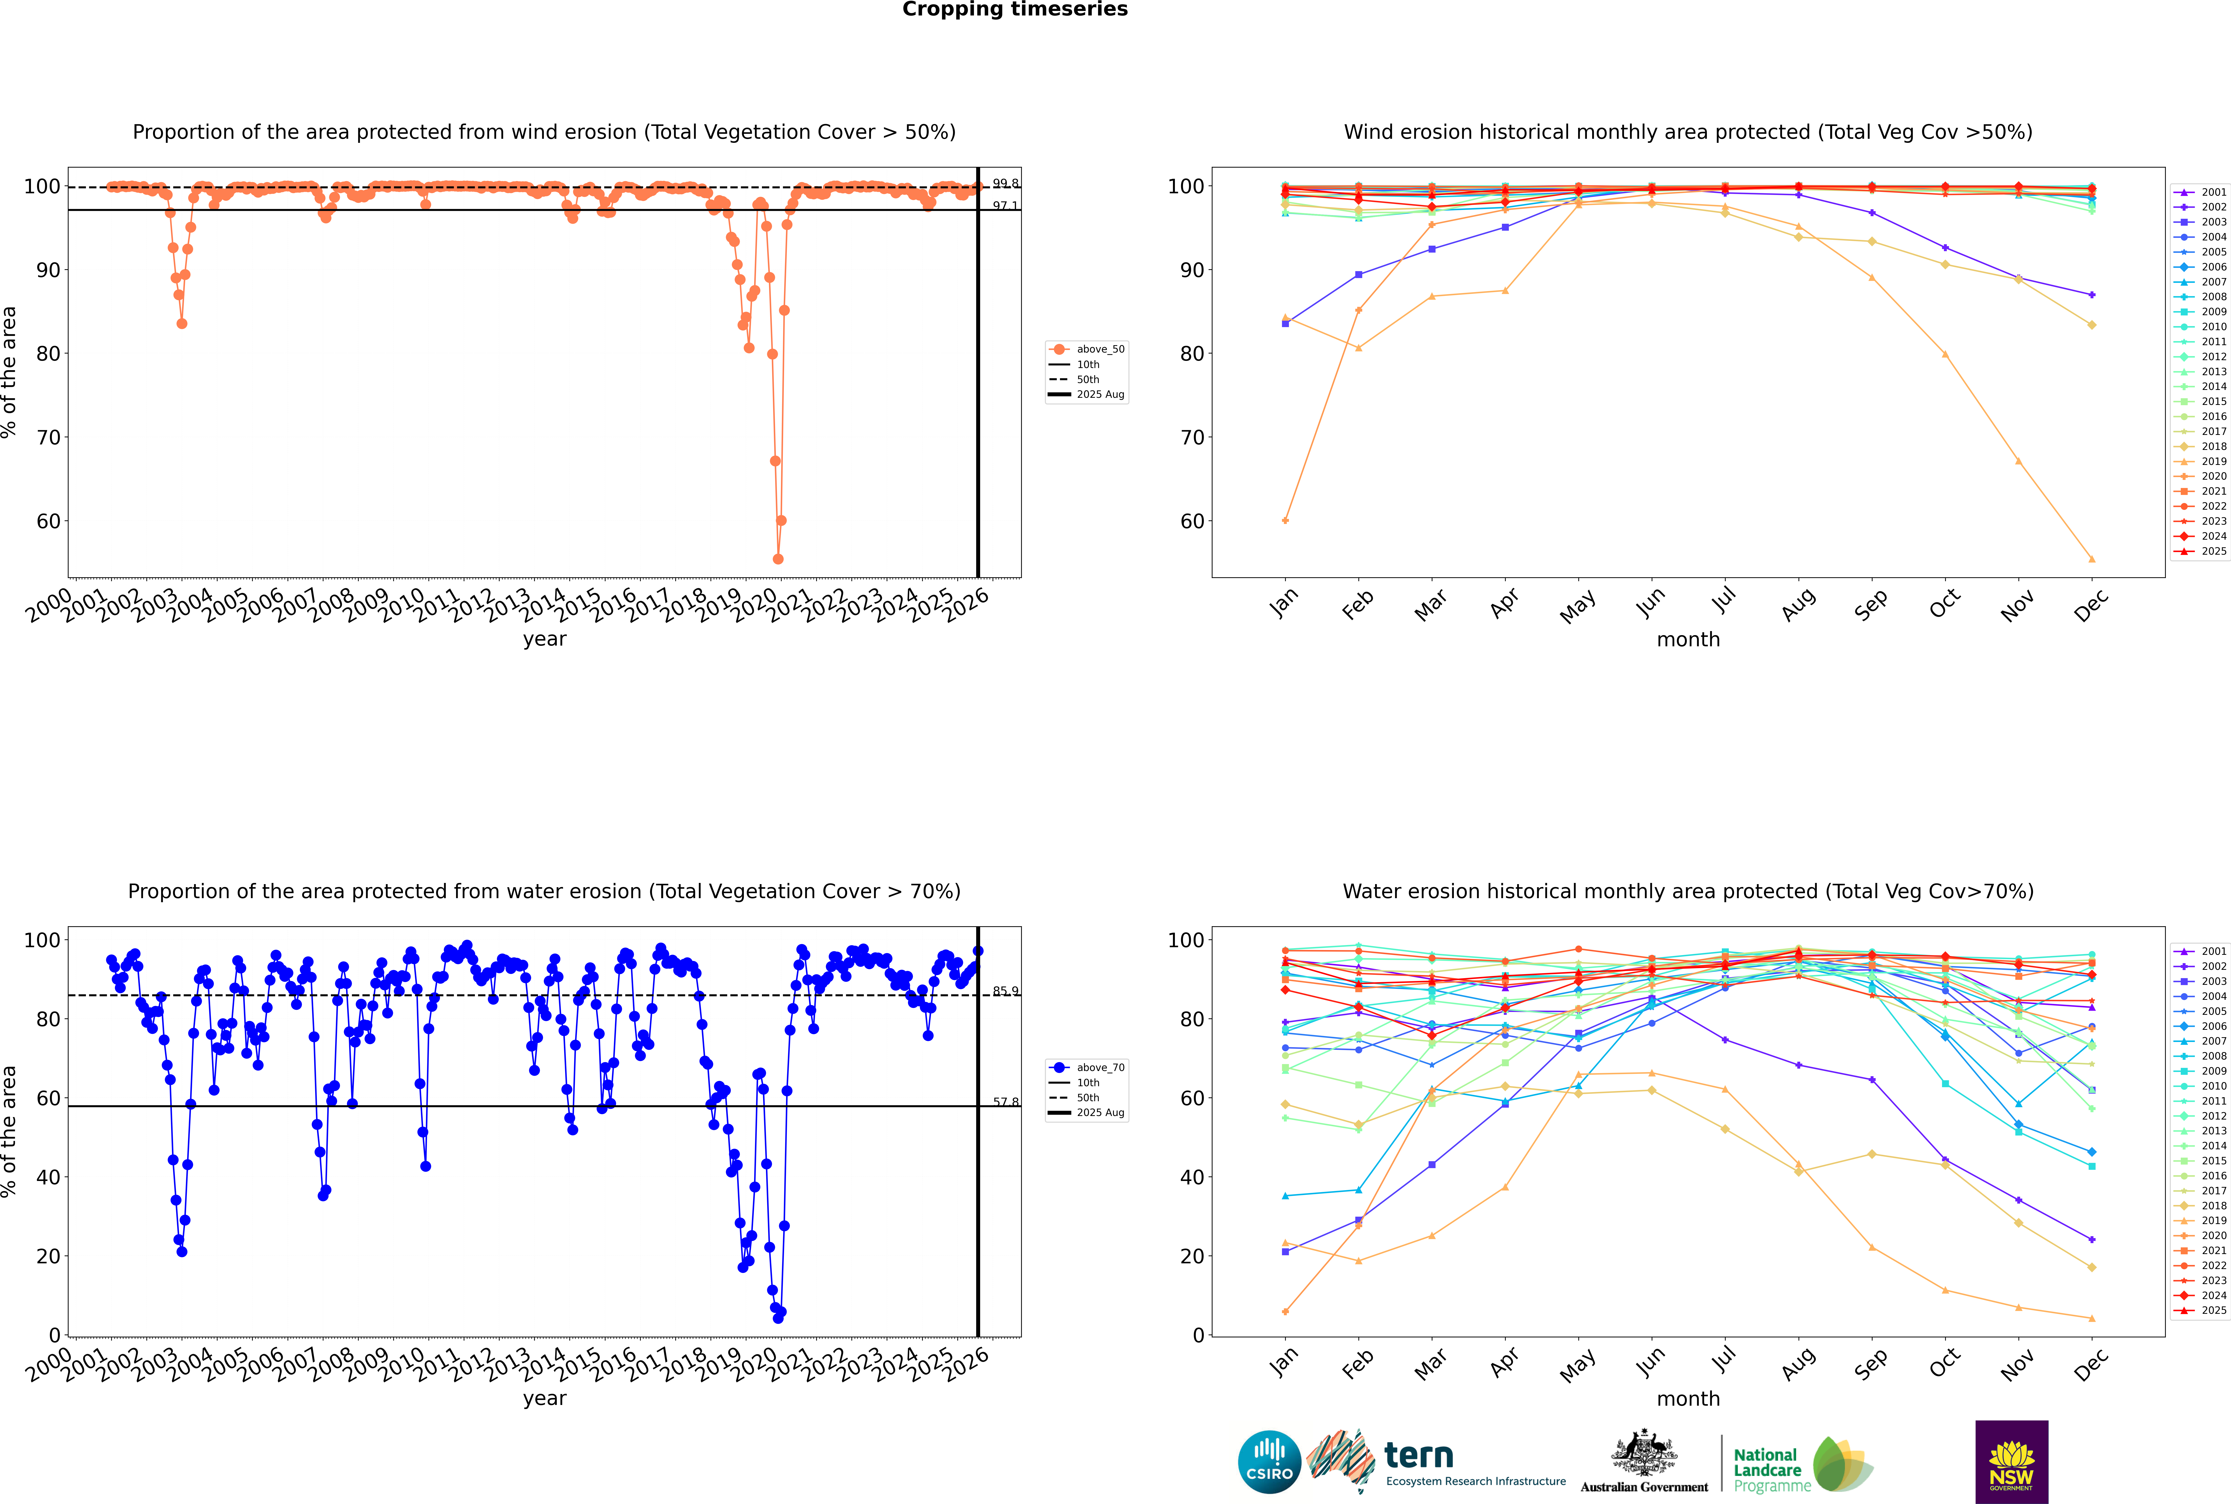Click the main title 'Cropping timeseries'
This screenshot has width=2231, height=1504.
tap(1015, 10)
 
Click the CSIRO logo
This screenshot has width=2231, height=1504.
tap(1269, 1462)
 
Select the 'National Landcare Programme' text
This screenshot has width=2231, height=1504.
tap(1772, 1469)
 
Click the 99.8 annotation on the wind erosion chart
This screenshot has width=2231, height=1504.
tap(1005, 183)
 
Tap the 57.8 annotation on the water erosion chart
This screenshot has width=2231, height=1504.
tap(1005, 1102)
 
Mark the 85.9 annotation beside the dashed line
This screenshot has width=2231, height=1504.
tap(1005, 991)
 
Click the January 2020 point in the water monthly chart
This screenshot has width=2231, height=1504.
tap(1285, 1311)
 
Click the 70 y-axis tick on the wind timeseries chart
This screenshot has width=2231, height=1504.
tap(48, 437)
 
